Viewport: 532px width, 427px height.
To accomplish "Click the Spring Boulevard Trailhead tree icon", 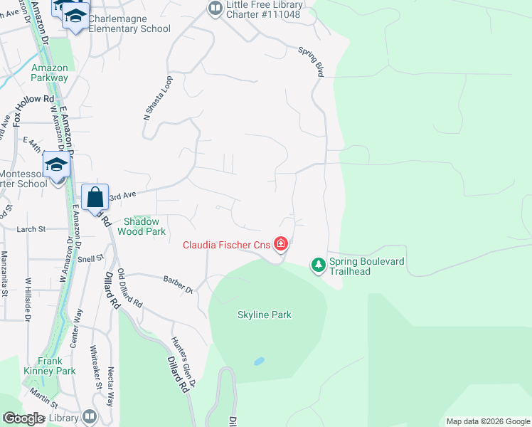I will click(319, 265).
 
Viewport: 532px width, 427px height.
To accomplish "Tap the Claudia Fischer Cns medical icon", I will click(281, 245).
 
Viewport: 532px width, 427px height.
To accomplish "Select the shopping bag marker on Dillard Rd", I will click(95, 197).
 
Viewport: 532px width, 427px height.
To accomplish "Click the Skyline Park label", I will click(265, 315).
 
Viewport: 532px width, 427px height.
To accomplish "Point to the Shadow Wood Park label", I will click(145, 226).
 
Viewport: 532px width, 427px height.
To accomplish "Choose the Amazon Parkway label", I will click(50, 73).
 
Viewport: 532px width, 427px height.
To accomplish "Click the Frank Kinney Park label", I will click(57, 366).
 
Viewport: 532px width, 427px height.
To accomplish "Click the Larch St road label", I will click(31, 229).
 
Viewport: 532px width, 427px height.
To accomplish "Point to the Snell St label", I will click(91, 258).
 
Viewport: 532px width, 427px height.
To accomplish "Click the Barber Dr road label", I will click(178, 285).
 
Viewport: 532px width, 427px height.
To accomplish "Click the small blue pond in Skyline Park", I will click(259, 362).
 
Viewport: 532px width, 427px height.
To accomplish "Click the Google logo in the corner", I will click(23, 418).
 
